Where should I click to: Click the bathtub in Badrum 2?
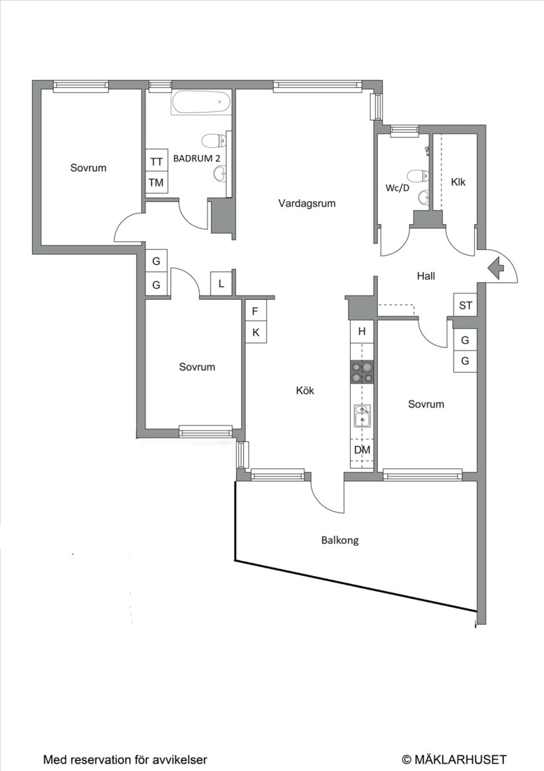tap(201, 103)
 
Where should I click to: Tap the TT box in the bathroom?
tap(157, 161)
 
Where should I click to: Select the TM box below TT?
tap(157, 183)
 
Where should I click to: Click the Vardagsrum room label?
tap(307, 203)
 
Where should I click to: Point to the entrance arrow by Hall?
tap(496, 268)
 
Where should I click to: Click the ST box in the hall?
tap(465, 306)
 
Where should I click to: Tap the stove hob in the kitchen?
tap(361, 372)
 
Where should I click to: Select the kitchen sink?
tap(362, 415)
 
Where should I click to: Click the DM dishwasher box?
tap(362, 450)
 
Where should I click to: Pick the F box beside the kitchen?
tap(256, 311)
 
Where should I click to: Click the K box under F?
tap(256, 333)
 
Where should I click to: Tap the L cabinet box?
tap(222, 283)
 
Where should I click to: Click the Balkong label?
tap(340, 540)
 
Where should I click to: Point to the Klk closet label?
tap(458, 182)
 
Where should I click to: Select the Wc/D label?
tap(397, 188)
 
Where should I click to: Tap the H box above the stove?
tap(362, 331)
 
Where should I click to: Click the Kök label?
tap(305, 390)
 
